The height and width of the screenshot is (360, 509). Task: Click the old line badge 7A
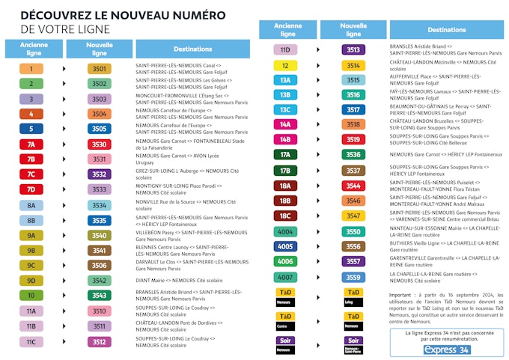(31, 144)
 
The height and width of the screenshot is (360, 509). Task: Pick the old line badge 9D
(31, 281)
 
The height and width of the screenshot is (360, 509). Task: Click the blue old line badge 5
(31, 129)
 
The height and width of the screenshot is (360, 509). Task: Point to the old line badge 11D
(285, 50)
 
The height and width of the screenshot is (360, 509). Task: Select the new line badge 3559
(353, 277)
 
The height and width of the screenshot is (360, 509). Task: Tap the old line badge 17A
(285, 155)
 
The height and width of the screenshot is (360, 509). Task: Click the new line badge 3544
(353, 186)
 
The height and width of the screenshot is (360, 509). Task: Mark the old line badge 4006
(285, 261)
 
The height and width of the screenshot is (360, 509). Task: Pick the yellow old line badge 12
(285, 65)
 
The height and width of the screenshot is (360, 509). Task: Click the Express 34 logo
(447, 350)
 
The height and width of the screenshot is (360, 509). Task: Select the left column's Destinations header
(192, 49)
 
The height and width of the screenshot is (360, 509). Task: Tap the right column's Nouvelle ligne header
(353, 30)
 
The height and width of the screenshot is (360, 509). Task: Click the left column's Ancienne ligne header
(31, 48)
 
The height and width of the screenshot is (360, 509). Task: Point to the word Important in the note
(406, 295)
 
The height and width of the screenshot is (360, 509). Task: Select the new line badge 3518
(353, 124)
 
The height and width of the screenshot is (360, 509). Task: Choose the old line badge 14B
(285, 139)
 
